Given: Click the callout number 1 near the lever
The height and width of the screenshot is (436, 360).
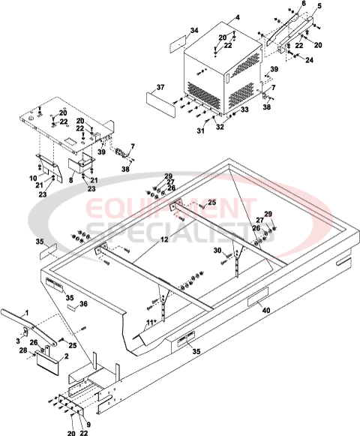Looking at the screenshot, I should (x=25, y=311).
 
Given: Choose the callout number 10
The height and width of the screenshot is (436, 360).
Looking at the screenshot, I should (x=32, y=178).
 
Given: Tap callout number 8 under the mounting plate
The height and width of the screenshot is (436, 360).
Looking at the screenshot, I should (x=70, y=179).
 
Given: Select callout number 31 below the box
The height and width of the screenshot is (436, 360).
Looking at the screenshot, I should (x=200, y=132).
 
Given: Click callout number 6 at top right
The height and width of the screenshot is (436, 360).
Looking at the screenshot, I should (x=304, y=4).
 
